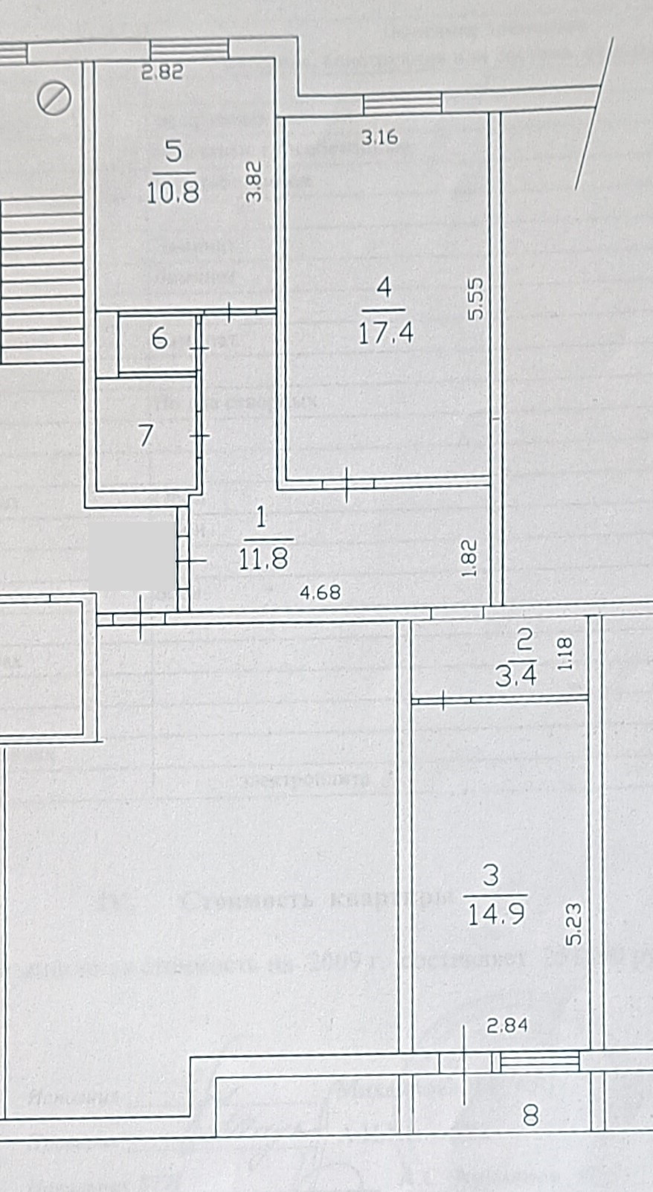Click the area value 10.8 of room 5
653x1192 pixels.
173,193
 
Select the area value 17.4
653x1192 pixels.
385,331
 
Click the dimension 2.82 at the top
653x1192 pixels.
162,72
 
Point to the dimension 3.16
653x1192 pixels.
379,137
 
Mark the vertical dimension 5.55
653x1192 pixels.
476,298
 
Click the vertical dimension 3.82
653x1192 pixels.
254,182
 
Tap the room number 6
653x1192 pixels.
159,339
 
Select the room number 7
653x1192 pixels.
146,435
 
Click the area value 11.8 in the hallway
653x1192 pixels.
263,558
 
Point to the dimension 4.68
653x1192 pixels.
320,592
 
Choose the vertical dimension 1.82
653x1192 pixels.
469,558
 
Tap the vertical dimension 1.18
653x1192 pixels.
566,654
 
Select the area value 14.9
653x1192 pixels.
496,913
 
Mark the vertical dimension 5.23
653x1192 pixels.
573,924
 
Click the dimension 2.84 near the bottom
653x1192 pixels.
507,1025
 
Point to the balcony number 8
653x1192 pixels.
530,1115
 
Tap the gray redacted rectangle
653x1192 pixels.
131,555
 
